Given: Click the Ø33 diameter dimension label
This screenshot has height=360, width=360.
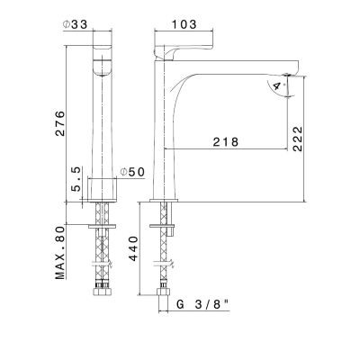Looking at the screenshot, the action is point(75,24).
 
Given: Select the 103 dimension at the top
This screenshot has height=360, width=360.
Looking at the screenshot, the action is point(184,24).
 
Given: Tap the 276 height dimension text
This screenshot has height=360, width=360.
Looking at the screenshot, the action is point(60,123).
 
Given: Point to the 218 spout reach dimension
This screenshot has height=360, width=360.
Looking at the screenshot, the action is point(226,142).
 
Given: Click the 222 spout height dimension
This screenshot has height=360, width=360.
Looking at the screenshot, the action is point(298,139).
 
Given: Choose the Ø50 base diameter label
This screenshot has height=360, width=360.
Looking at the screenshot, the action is point(132,172).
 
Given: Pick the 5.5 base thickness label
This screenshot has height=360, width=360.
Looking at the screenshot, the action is point(76,179).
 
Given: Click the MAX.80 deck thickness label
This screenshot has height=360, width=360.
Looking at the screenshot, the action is point(60,253).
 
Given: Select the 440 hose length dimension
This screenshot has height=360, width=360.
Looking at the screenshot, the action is point(133,248).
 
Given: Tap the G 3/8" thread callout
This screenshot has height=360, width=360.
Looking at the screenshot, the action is point(202,305).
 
